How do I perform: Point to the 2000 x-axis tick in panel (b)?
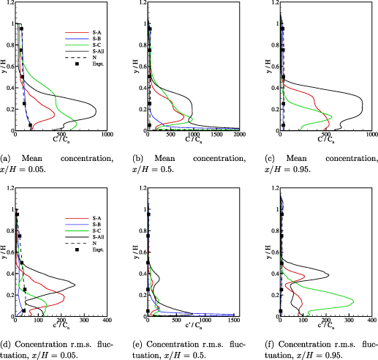click(x=239, y=136)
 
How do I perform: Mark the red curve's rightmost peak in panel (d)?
click(x=64, y=298)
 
